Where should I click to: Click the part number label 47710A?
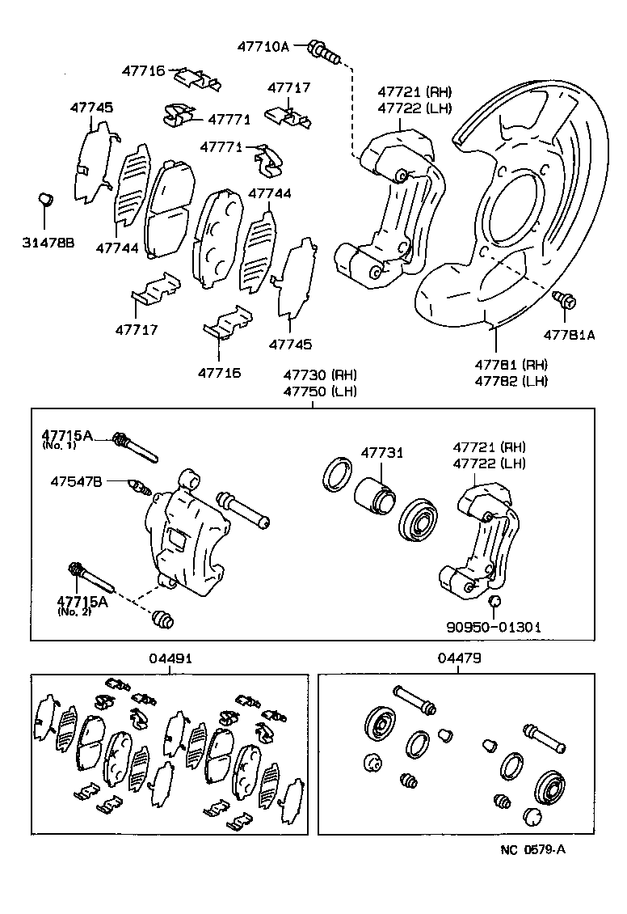(x=263, y=47)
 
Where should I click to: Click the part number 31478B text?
(x=48, y=242)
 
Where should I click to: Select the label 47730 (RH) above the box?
(x=319, y=375)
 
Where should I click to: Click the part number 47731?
(x=382, y=453)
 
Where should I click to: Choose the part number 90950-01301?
(x=494, y=626)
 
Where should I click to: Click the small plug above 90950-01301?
(x=496, y=600)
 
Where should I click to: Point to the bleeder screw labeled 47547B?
(x=140, y=488)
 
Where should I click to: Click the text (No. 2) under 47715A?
(x=74, y=611)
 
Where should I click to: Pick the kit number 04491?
(x=170, y=658)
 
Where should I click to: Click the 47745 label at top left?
(x=91, y=108)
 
